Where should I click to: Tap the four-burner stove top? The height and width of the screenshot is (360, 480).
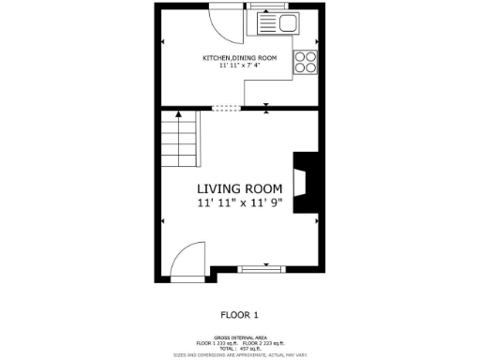[306, 62]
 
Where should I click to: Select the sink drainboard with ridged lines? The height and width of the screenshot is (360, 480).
[265, 23]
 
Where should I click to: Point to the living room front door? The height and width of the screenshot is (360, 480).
[187, 259]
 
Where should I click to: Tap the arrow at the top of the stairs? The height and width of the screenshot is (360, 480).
[177, 115]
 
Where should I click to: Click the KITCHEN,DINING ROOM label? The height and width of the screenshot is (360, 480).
[239, 58]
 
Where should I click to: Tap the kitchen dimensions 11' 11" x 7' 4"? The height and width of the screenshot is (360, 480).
[239, 66]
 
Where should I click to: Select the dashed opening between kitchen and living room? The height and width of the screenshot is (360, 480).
[225, 107]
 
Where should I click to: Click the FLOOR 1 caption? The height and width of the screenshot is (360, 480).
[239, 315]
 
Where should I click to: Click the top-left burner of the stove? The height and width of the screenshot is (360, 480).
[300, 56]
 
